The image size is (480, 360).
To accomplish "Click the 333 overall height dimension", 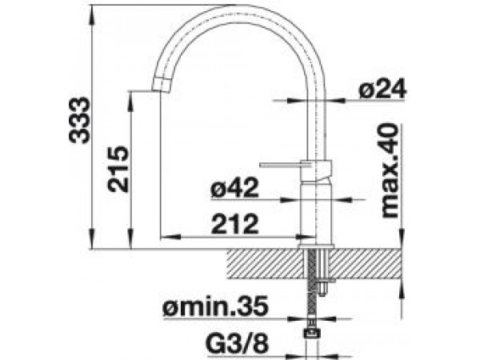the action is click(79, 120).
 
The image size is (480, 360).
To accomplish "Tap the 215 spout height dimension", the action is click(118, 169).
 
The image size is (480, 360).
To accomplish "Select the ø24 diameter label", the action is click(382, 89).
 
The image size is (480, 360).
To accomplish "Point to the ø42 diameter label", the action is click(234, 188).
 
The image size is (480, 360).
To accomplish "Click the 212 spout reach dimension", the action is click(234, 224).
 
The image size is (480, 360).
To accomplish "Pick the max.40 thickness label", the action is click(390, 171).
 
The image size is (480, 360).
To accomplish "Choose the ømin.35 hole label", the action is click(216, 306).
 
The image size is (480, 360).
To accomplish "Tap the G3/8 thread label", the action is click(238, 343).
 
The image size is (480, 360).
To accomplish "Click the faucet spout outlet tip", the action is click(161, 83).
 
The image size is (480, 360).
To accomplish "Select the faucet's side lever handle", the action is click(285, 166).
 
